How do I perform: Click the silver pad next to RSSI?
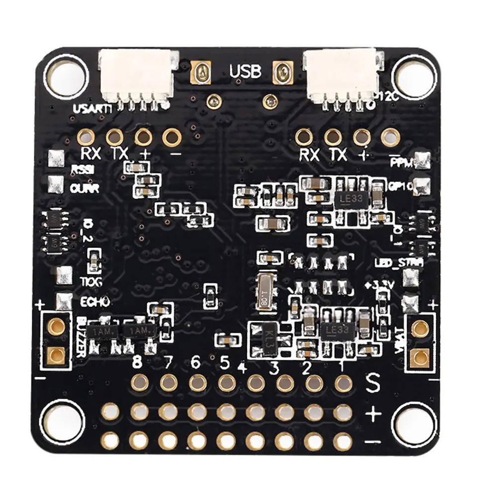(x=56, y=160)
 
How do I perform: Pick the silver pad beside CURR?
(x=56, y=184)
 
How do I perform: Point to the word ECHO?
(x=94, y=302)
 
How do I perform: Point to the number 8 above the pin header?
(x=138, y=363)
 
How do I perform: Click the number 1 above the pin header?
(x=342, y=366)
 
